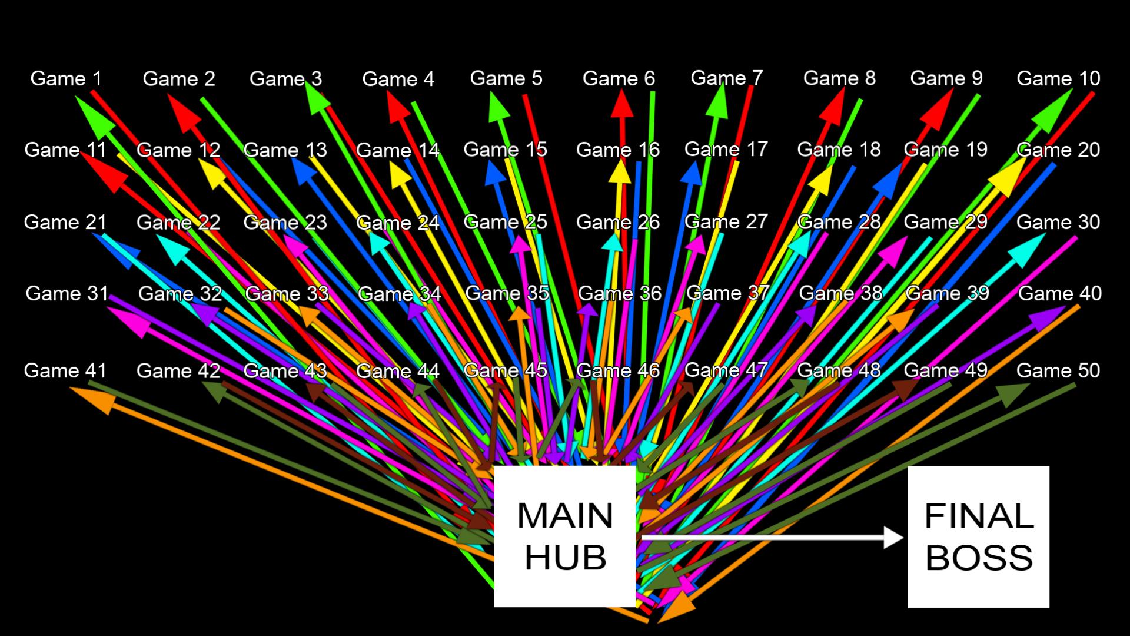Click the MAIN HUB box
(564, 536)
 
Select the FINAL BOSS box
(978, 536)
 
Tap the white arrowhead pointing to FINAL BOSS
(893, 537)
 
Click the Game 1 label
(66, 78)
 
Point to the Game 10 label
(1058, 78)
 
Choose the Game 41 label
(65, 370)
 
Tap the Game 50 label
(1058, 370)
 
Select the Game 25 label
(505, 222)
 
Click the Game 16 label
(617, 150)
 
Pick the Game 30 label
(1058, 222)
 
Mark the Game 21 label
(65, 222)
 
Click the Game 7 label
(726, 78)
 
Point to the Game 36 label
(619, 293)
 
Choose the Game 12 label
(178, 150)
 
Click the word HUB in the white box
(565, 557)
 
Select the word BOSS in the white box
(979, 557)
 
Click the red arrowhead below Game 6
(622, 106)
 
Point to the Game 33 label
(287, 293)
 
